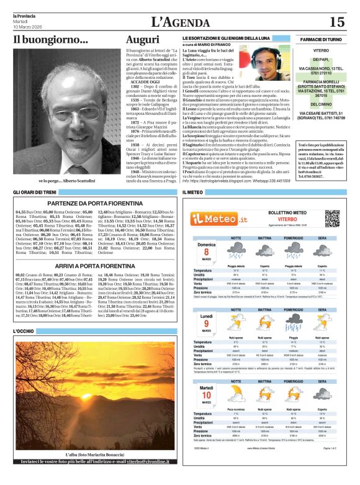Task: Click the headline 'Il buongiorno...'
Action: click(x=51, y=40)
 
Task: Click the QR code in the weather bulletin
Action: click(x=331, y=218)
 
